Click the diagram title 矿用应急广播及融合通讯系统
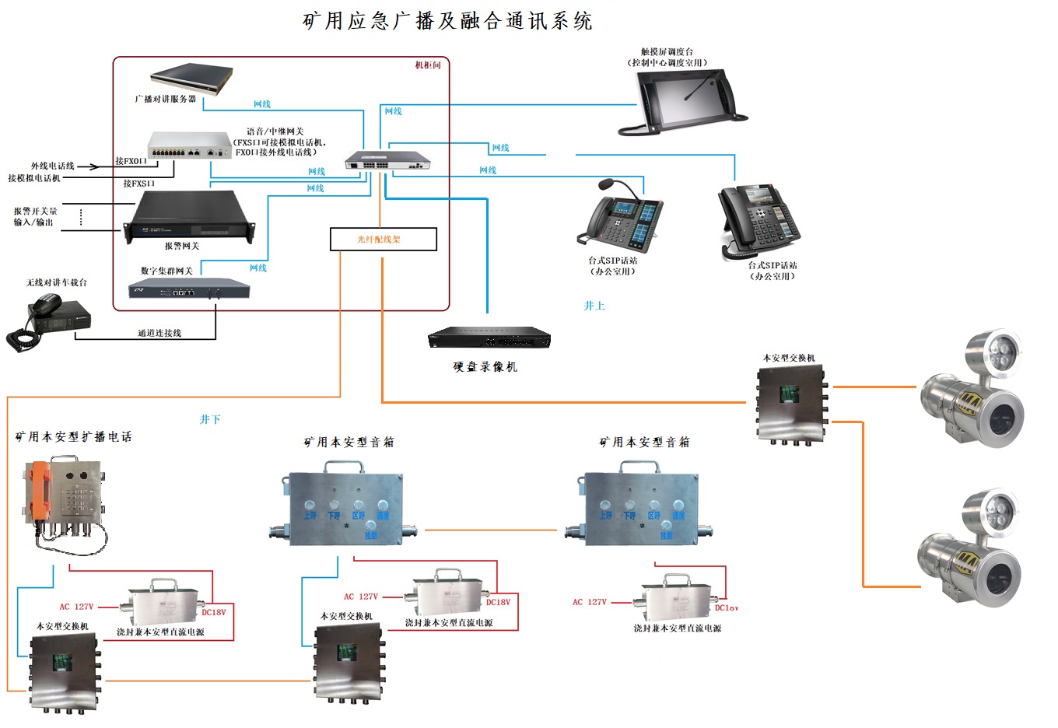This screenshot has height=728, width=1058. coord(447,21)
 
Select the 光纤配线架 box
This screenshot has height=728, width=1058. coord(383,240)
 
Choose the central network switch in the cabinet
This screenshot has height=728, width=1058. coord(387,161)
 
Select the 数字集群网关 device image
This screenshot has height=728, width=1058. coord(189,289)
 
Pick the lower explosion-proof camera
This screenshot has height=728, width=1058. coord(972,551)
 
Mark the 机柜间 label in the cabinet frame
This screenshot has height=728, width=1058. coord(428,65)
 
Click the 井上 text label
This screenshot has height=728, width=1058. coord(594,306)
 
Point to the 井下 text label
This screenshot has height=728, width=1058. coord(210,419)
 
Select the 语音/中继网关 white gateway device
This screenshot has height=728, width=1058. coord(189,145)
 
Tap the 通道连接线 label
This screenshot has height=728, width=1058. coord(159,333)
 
